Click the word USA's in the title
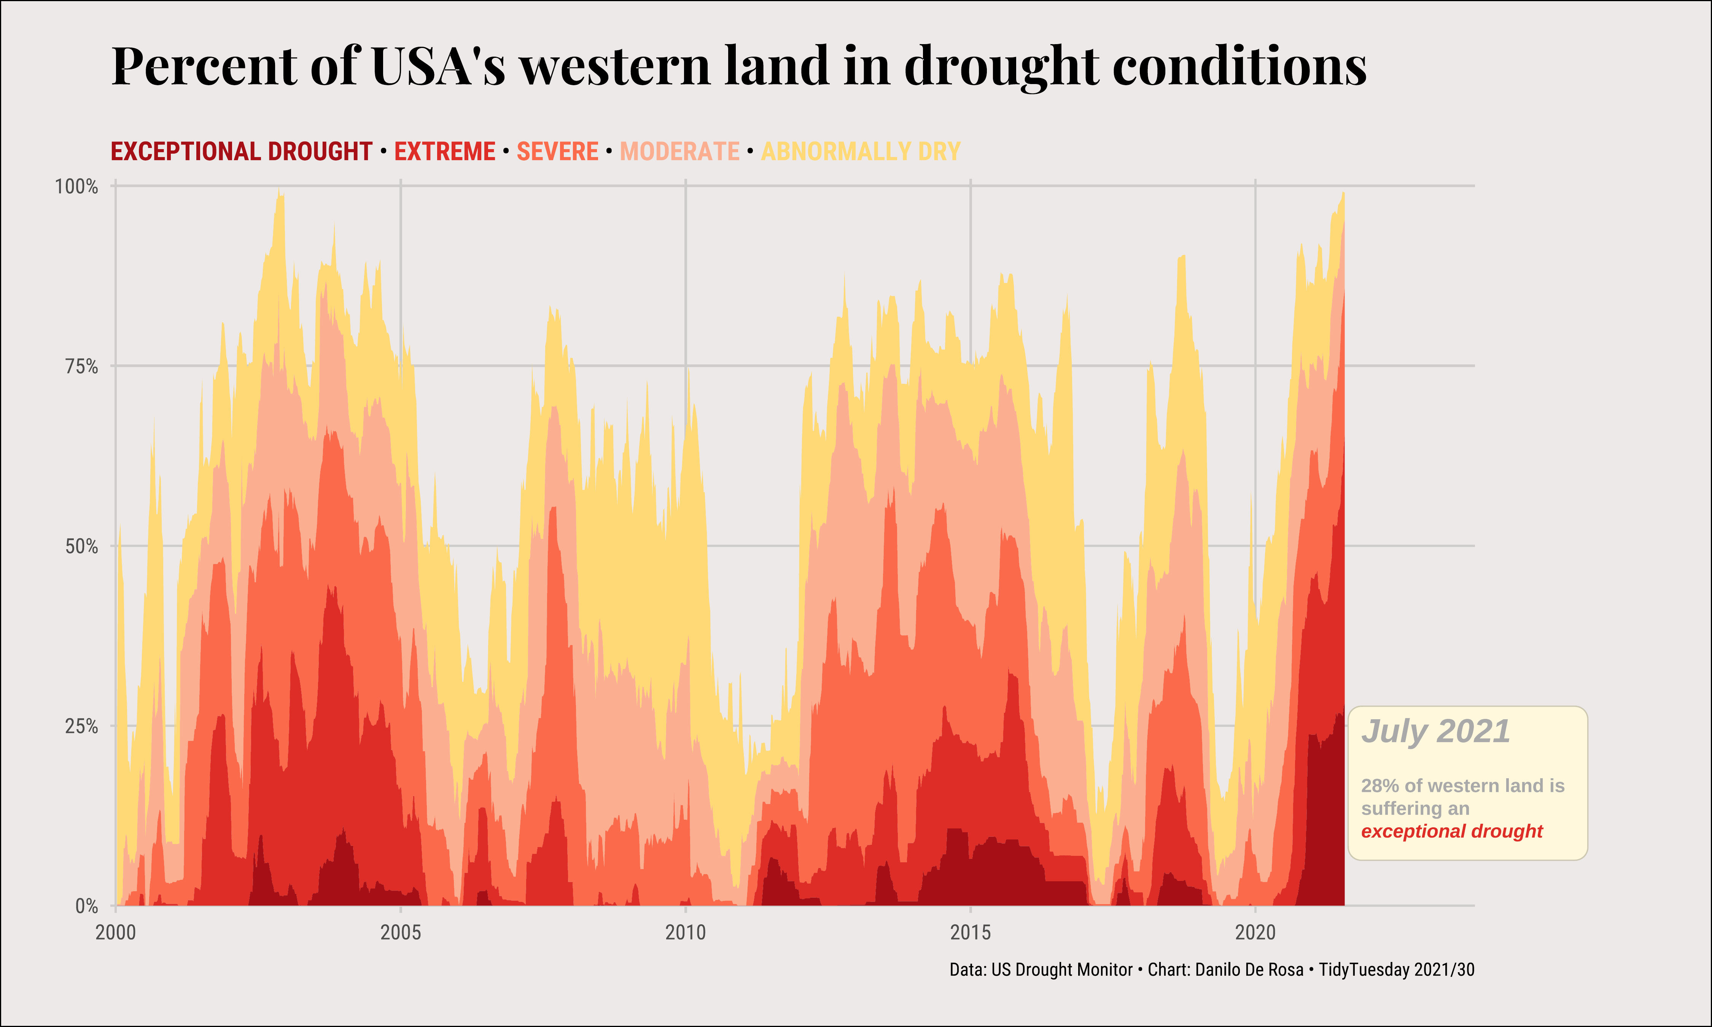click(438, 67)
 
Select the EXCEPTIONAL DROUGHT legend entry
click(242, 151)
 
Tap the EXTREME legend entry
click(445, 151)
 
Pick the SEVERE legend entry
click(558, 151)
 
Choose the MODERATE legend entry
click(679, 151)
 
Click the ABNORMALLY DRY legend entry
click(861, 151)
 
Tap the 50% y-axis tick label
click(82, 547)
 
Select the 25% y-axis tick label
click(82, 727)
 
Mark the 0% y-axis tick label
click(86, 906)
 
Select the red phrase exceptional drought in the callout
click(1452, 831)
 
